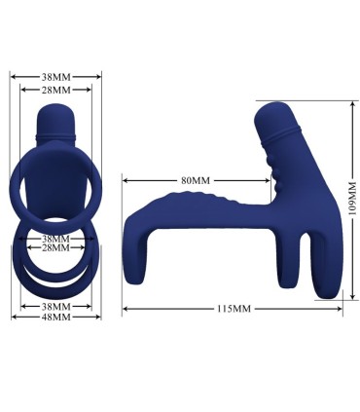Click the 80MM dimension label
[x=195, y=179]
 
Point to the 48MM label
[x=55, y=317]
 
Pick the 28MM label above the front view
[x=55, y=89]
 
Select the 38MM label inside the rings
[x=55, y=238]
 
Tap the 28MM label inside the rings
[x=55, y=248]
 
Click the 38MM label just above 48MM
[x=55, y=306]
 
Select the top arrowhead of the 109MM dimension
[x=346, y=102]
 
